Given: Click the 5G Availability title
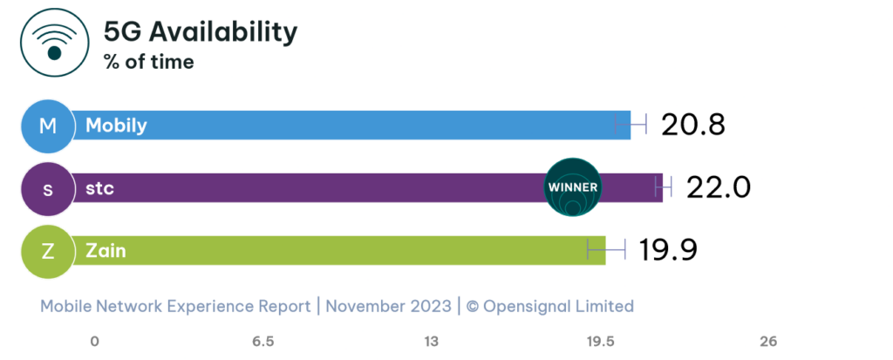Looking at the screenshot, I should click(x=201, y=32).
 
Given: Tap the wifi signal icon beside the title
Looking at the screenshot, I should click(x=54, y=44).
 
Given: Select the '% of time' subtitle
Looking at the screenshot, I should click(x=148, y=62).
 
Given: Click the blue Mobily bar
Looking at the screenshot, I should click(x=349, y=126).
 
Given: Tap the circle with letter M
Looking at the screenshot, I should click(x=48, y=126).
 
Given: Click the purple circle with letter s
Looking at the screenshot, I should click(x=48, y=188).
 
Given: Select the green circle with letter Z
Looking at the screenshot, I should click(x=48, y=251).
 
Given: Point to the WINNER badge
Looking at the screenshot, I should click(x=572, y=187).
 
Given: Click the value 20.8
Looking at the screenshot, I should click(x=692, y=126).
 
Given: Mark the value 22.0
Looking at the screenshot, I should click(x=719, y=187).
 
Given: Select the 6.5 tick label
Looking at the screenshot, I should click(x=263, y=341).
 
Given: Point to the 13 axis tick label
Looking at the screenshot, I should click(x=432, y=341).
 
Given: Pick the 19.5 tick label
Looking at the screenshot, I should click(x=600, y=341).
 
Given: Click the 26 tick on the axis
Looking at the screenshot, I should click(x=768, y=341).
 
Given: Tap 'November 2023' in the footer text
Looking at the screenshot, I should click(x=388, y=306).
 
